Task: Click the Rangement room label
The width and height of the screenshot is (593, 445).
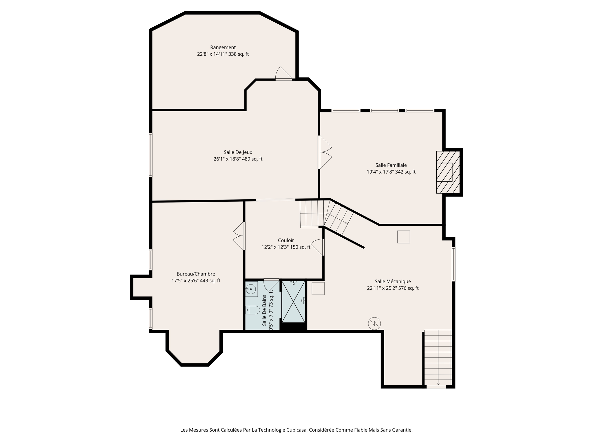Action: [x=223, y=48]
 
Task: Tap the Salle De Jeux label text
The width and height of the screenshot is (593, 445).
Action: [x=238, y=152]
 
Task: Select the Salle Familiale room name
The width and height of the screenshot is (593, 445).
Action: [x=391, y=165]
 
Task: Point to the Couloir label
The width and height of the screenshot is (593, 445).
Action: [x=286, y=240]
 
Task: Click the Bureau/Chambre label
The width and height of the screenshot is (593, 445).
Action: [x=196, y=274]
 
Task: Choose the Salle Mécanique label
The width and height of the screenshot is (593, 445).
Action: [x=393, y=282]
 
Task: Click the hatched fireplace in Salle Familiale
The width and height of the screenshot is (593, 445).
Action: [x=448, y=172]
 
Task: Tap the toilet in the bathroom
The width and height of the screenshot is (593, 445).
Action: [x=252, y=310]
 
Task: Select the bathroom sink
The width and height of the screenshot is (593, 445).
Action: [x=251, y=289]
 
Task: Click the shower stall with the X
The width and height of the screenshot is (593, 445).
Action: [x=293, y=301]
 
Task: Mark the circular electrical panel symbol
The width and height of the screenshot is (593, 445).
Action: [x=374, y=324]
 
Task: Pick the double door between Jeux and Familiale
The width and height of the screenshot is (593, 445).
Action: [x=325, y=152]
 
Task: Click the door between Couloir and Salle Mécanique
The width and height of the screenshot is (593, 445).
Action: [x=318, y=247]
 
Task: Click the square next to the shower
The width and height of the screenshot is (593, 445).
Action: [x=318, y=289]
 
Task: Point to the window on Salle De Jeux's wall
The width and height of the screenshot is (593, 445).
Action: [x=151, y=155]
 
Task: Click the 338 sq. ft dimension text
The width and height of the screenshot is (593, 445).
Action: [x=238, y=54]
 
